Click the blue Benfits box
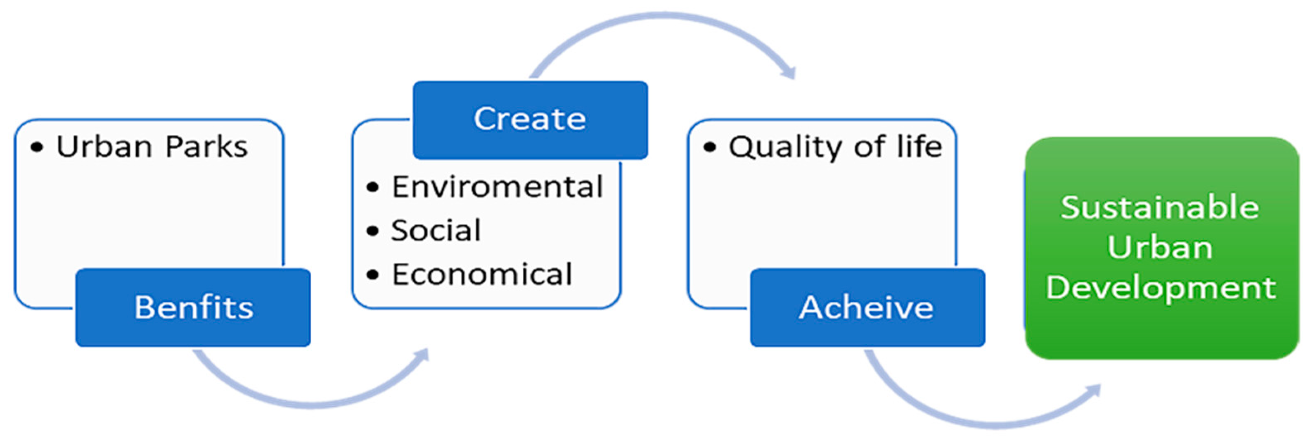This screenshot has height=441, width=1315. click(193, 307)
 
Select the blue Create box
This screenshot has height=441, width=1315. click(530, 119)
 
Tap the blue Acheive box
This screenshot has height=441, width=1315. click(867, 307)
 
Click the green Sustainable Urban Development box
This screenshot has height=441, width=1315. click(1161, 248)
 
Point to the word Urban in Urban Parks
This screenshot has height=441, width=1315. click(104, 147)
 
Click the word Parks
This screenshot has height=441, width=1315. click(206, 147)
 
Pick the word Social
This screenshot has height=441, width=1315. click(436, 231)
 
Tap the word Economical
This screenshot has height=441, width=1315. click(481, 274)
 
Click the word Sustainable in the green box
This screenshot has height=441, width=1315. click(1160, 207)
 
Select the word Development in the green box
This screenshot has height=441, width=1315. click(1160, 288)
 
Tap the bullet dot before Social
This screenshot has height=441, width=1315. click(373, 231)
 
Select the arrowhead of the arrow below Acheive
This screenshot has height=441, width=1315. click(1095, 391)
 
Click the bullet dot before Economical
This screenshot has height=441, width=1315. click(373, 275)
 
